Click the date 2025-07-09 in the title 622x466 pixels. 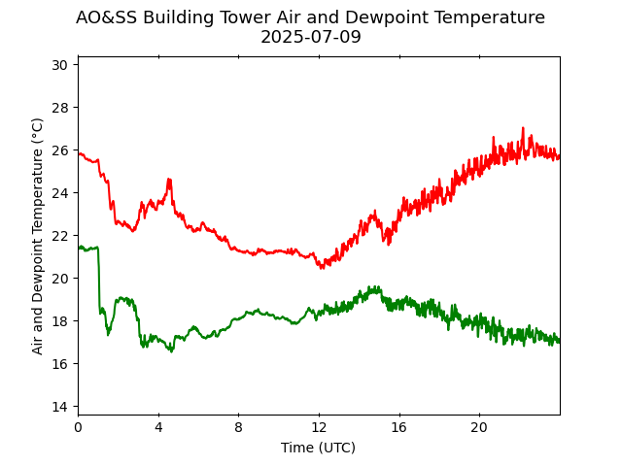[x=310, y=37]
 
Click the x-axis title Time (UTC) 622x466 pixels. [x=318, y=448]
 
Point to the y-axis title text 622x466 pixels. [x=38, y=236]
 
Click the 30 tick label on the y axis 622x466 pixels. [x=59, y=65]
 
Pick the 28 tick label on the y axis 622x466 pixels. [x=59, y=108]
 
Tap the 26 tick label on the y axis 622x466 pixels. [x=59, y=150]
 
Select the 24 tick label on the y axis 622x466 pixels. [x=59, y=193]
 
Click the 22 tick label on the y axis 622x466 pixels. [x=59, y=236]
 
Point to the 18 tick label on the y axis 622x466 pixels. [x=59, y=321]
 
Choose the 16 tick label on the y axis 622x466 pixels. [x=59, y=364]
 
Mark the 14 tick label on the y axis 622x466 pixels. [x=59, y=407]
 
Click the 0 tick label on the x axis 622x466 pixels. [x=78, y=427]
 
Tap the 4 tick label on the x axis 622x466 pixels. [x=158, y=427]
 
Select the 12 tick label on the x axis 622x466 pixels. [x=319, y=427]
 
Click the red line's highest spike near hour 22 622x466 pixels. [x=523, y=128]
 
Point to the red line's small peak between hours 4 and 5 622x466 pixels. [x=169, y=180]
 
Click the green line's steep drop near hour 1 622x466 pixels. [x=98, y=282]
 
